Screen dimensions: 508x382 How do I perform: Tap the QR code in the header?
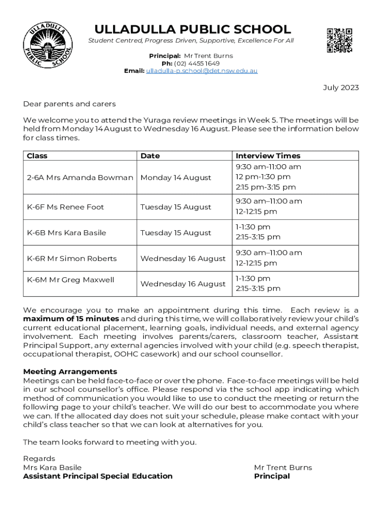pos(339,40)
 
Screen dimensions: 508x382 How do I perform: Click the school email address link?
pos(201,71)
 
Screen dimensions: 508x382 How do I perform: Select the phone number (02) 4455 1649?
pos(196,63)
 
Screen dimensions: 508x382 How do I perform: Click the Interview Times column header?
pos(268,156)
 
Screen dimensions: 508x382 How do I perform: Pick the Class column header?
pos(37,156)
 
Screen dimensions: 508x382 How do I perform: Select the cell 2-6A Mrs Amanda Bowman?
pos(80,178)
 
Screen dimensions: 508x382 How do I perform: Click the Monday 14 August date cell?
pos(176,178)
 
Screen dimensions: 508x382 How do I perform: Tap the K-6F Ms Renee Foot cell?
pos(65,207)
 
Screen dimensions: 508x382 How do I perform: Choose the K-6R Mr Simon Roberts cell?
pos(72,258)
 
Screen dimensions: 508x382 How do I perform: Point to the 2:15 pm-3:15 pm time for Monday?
pos(265,188)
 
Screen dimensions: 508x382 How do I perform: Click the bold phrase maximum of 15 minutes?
pos(71,318)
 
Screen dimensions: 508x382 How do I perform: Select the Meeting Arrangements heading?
pos(70,372)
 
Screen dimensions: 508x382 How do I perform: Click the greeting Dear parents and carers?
pos(69,104)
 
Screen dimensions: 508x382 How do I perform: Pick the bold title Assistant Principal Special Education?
pos(98,476)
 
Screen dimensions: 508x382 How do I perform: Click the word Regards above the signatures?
pos(39,458)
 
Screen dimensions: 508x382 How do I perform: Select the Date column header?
pos(150,156)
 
